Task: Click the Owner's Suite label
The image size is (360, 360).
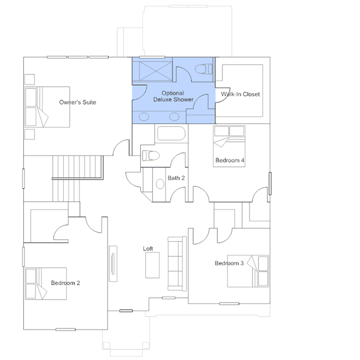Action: tap(78, 102)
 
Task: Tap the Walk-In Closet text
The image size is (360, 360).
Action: tap(241, 94)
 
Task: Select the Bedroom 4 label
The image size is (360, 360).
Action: tap(230, 160)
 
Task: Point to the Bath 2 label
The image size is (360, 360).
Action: tap(176, 178)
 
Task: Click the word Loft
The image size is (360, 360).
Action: tap(148, 248)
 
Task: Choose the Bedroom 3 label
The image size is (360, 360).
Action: tap(229, 263)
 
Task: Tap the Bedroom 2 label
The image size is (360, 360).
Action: tap(65, 283)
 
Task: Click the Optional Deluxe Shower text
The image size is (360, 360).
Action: tap(174, 96)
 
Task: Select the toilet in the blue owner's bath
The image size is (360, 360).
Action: tap(203, 69)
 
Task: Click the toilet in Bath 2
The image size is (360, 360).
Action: tap(151, 155)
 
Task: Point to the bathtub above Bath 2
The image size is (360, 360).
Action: tap(171, 133)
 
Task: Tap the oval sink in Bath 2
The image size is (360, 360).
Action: tap(160, 184)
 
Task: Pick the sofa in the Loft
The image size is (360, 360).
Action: tap(177, 264)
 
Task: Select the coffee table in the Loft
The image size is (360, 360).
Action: tap(153, 265)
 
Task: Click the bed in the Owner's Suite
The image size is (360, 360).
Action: tap(47, 106)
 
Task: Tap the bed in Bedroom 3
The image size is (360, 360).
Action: tap(248, 271)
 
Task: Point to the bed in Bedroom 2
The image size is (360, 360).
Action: tap(46, 283)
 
